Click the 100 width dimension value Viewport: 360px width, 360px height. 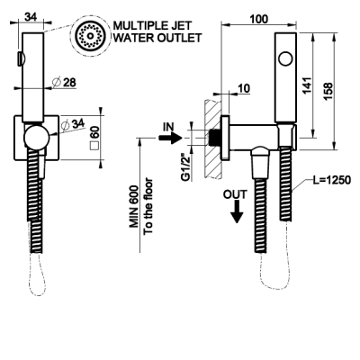(x=258, y=19)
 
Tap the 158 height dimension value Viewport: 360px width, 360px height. (x=328, y=92)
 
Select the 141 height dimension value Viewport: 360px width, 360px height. (x=307, y=85)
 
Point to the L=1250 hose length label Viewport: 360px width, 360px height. (x=331, y=180)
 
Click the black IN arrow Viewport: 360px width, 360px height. (x=170, y=138)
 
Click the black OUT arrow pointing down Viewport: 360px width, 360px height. (x=237, y=211)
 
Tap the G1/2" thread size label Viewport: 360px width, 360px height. (x=186, y=167)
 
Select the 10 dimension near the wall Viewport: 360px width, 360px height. (x=244, y=88)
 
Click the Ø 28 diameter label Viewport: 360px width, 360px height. (x=64, y=82)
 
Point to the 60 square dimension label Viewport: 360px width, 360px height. (x=94, y=138)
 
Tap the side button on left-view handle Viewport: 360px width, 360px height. (x=21, y=58)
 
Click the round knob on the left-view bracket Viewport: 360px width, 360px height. (x=36, y=137)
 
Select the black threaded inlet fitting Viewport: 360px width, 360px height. (x=213, y=138)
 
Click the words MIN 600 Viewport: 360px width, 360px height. (x=134, y=207)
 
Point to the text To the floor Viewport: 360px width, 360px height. (x=148, y=207)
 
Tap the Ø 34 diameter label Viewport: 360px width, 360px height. (x=73, y=124)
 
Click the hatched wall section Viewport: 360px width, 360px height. (x=213, y=139)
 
